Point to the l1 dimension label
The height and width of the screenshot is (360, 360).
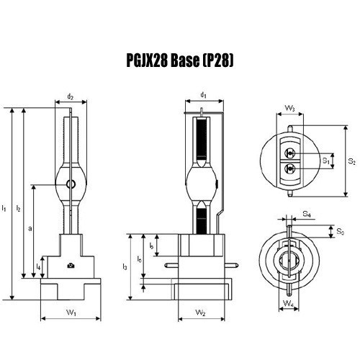[x=5, y=208]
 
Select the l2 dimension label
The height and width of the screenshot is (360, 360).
[x=19, y=208]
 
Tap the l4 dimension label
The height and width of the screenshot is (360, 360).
[x=38, y=267]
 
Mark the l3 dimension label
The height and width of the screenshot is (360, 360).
[x=125, y=267]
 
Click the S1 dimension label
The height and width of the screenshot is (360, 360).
[x=326, y=161]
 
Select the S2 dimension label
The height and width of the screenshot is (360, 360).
[x=351, y=162]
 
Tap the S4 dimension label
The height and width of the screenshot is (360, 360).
[x=307, y=214]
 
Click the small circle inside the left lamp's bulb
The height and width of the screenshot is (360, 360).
[x=71, y=185]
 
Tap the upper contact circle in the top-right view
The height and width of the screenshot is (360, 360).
[x=290, y=153]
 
